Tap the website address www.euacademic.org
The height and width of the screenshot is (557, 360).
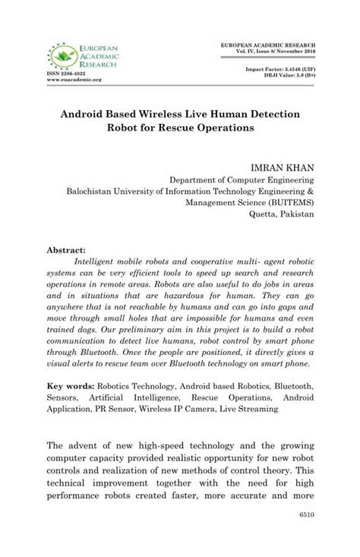pos(74,79)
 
